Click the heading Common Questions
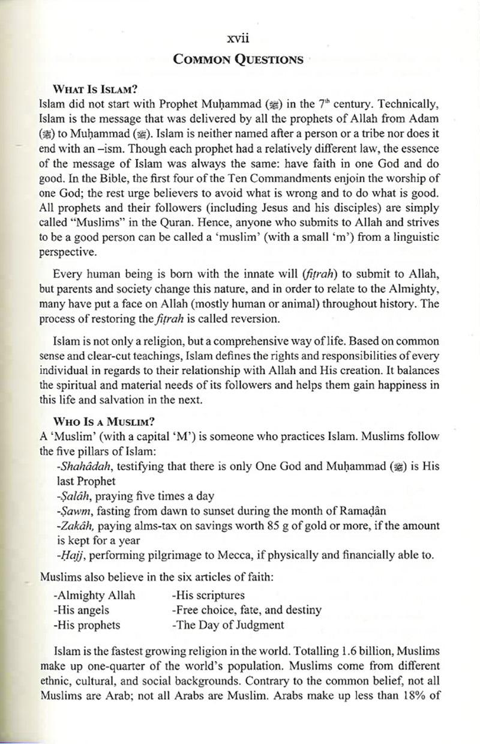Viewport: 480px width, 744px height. tap(238, 59)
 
